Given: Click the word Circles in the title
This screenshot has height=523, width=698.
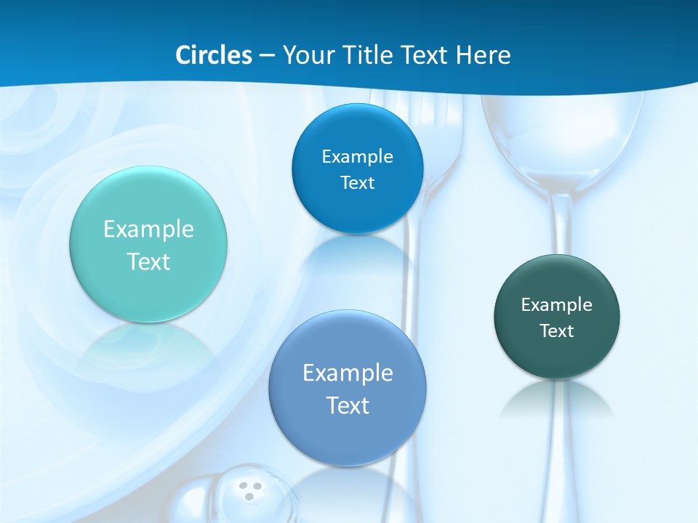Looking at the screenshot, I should pos(214,55).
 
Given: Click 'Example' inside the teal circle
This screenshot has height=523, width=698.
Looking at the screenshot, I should pos(148,230).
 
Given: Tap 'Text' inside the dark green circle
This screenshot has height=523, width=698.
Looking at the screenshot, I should pos(557,331).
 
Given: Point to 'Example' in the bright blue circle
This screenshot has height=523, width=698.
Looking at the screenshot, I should pos(357,157).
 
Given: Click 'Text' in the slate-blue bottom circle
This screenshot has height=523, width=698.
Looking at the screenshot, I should pos(348,405).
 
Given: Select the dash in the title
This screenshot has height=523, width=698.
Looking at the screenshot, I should pos(267,55).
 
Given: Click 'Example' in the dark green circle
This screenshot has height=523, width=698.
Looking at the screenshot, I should pos(557,305).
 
